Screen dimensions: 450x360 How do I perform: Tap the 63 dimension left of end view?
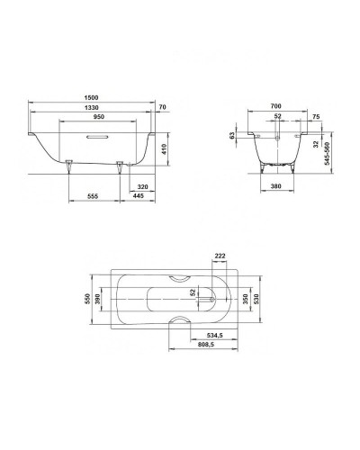(232, 135)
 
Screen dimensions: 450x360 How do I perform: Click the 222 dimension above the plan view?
(220, 256)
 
